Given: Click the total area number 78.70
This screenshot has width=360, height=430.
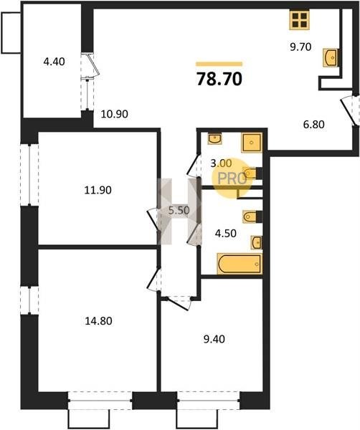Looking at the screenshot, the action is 219,79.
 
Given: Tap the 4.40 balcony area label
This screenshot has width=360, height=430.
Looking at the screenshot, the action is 55,62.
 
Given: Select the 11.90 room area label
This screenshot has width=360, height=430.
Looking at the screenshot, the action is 98,190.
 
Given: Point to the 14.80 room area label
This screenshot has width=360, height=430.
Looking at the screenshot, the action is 98,321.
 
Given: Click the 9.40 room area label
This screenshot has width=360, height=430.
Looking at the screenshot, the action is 214,339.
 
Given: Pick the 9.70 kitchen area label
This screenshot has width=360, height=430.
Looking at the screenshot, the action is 300,47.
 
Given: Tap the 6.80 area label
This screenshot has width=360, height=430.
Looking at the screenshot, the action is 313,125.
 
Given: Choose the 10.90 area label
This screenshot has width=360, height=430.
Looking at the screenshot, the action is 115,114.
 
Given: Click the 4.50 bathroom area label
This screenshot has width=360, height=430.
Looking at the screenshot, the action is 226,234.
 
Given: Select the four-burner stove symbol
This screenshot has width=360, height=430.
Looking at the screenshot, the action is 300,20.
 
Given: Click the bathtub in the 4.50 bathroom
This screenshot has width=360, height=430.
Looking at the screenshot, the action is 240,264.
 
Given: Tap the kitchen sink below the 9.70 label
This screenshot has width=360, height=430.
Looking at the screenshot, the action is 331,57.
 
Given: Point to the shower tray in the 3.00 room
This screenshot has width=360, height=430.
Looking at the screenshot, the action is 252,143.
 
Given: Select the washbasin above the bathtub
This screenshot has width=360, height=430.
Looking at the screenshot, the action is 256,243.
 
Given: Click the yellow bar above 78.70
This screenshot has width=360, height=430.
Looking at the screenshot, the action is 219,64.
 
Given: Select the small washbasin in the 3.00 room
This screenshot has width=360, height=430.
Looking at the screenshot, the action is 215,139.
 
